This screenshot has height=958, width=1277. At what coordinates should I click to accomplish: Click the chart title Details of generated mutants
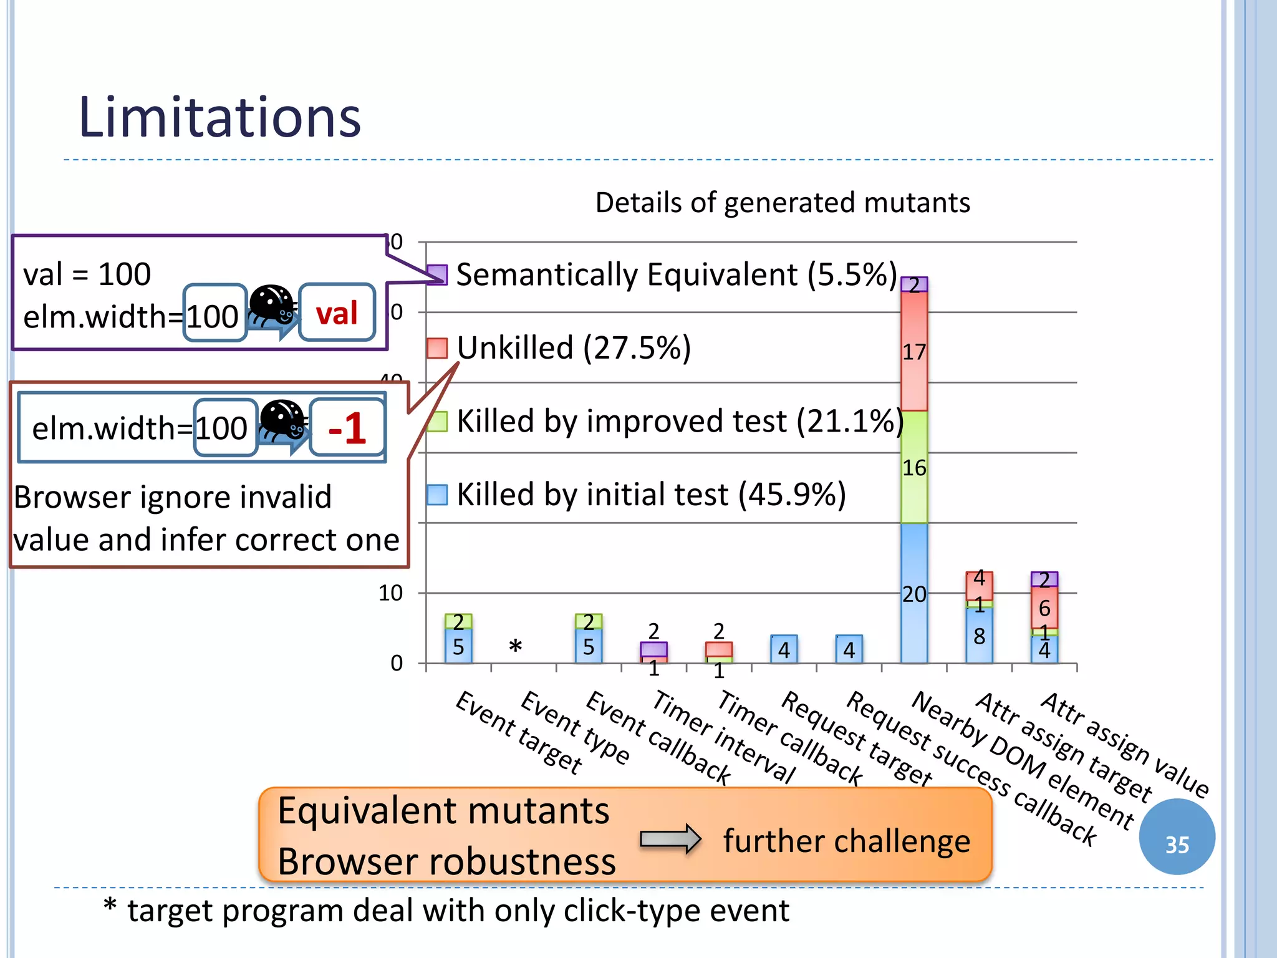click(x=782, y=203)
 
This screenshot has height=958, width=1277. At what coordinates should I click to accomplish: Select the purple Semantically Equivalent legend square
click(x=437, y=274)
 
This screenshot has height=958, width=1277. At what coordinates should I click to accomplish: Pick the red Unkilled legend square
click(x=437, y=348)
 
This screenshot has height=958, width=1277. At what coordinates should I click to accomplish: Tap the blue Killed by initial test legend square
click(x=437, y=495)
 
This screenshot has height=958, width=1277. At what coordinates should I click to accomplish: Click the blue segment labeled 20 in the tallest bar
click(x=914, y=593)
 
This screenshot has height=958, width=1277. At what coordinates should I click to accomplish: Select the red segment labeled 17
click(x=914, y=352)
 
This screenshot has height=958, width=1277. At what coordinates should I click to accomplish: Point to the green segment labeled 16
click(x=914, y=467)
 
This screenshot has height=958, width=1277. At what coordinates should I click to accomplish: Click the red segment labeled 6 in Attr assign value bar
click(x=1044, y=607)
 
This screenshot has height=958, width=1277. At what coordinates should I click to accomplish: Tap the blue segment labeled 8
click(x=979, y=636)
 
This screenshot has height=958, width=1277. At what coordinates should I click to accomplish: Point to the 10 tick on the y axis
click(x=390, y=593)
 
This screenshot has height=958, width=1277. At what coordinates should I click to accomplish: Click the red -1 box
click(x=347, y=428)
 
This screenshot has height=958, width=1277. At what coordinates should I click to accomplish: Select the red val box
click(x=337, y=312)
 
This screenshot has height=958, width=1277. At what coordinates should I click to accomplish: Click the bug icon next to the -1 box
click(x=282, y=420)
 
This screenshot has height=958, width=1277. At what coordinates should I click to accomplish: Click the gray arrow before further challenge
click(x=670, y=839)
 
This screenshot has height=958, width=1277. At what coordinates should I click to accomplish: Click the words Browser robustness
click(x=446, y=862)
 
